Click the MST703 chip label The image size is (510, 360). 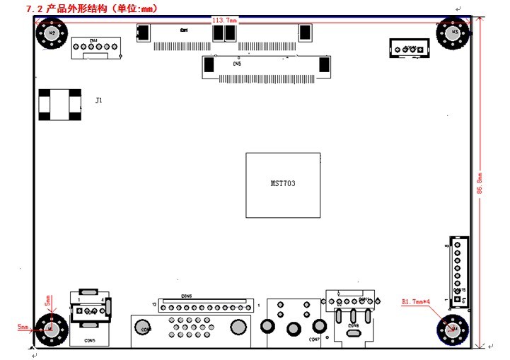(283, 183)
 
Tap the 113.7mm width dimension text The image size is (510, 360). (224, 21)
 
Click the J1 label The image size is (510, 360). (99, 101)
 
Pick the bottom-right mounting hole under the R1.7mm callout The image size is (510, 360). (452, 329)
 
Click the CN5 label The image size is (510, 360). (237, 64)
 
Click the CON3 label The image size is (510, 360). (90, 341)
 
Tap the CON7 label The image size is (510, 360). (315, 339)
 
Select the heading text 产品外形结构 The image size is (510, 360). (77, 8)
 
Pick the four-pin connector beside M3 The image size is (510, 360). (409, 49)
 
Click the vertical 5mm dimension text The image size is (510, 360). (47, 301)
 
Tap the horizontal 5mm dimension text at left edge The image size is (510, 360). (23, 327)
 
